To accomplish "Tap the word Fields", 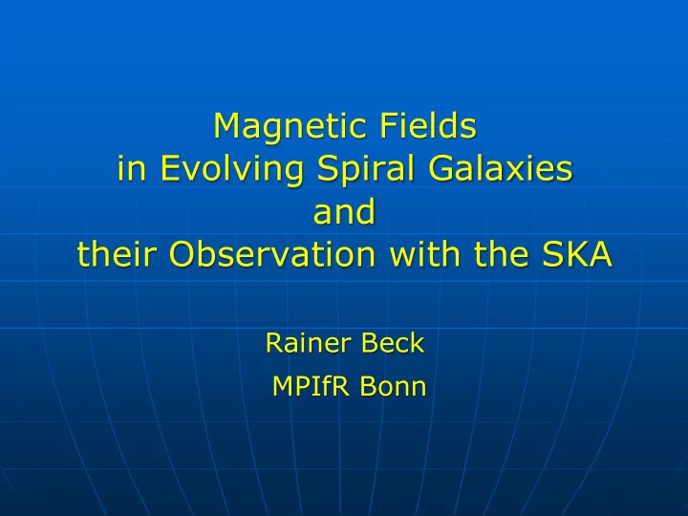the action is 428,125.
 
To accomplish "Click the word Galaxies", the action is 500,168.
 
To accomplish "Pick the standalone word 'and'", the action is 344,210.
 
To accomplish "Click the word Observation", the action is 272,253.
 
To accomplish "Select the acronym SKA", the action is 576,254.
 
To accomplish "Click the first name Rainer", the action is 308,343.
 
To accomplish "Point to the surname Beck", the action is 393,343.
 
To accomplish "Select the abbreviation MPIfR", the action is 311,386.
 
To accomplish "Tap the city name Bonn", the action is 393,386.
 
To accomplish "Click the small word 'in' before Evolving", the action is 132,168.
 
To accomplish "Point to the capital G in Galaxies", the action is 441,169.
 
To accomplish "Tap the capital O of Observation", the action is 182,254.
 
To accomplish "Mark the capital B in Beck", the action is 370,343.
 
